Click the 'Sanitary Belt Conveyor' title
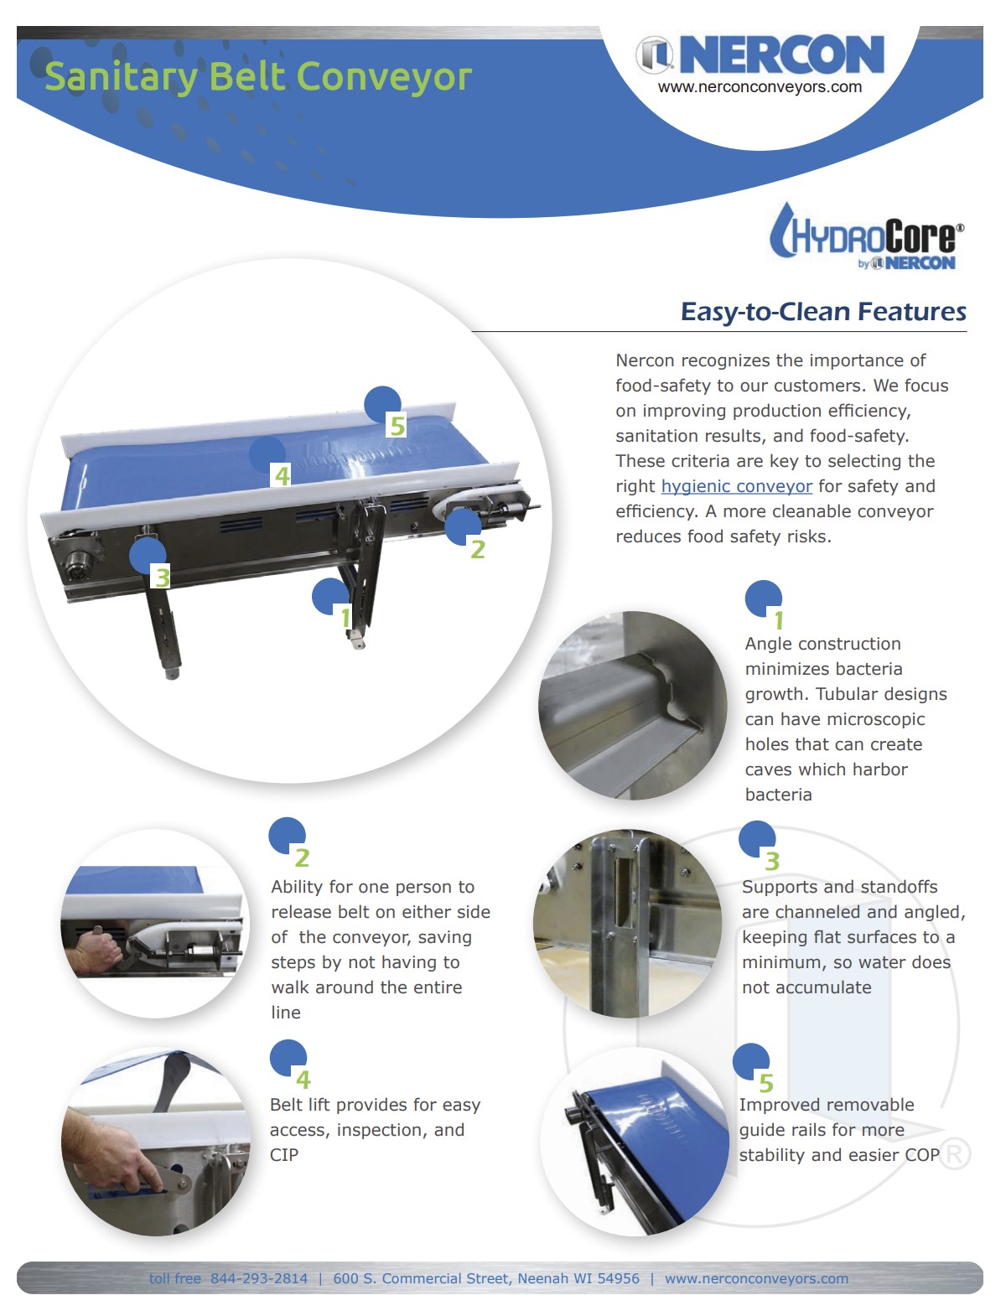[258, 77]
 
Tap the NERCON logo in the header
[760, 54]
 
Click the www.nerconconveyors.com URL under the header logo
[760, 87]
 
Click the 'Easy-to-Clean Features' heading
[823, 312]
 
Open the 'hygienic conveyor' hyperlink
[737, 486]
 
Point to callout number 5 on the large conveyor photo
[397, 426]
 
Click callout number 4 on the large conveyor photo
[282, 476]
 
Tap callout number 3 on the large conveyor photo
[162, 578]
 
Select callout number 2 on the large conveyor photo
[477, 549]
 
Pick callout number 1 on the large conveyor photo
[345, 618]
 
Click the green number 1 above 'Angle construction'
[779, 620]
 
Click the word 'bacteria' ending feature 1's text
[778, 795]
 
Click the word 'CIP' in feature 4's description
[283, 1155]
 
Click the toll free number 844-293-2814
[259, 1278]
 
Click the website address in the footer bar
[757, 1278]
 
